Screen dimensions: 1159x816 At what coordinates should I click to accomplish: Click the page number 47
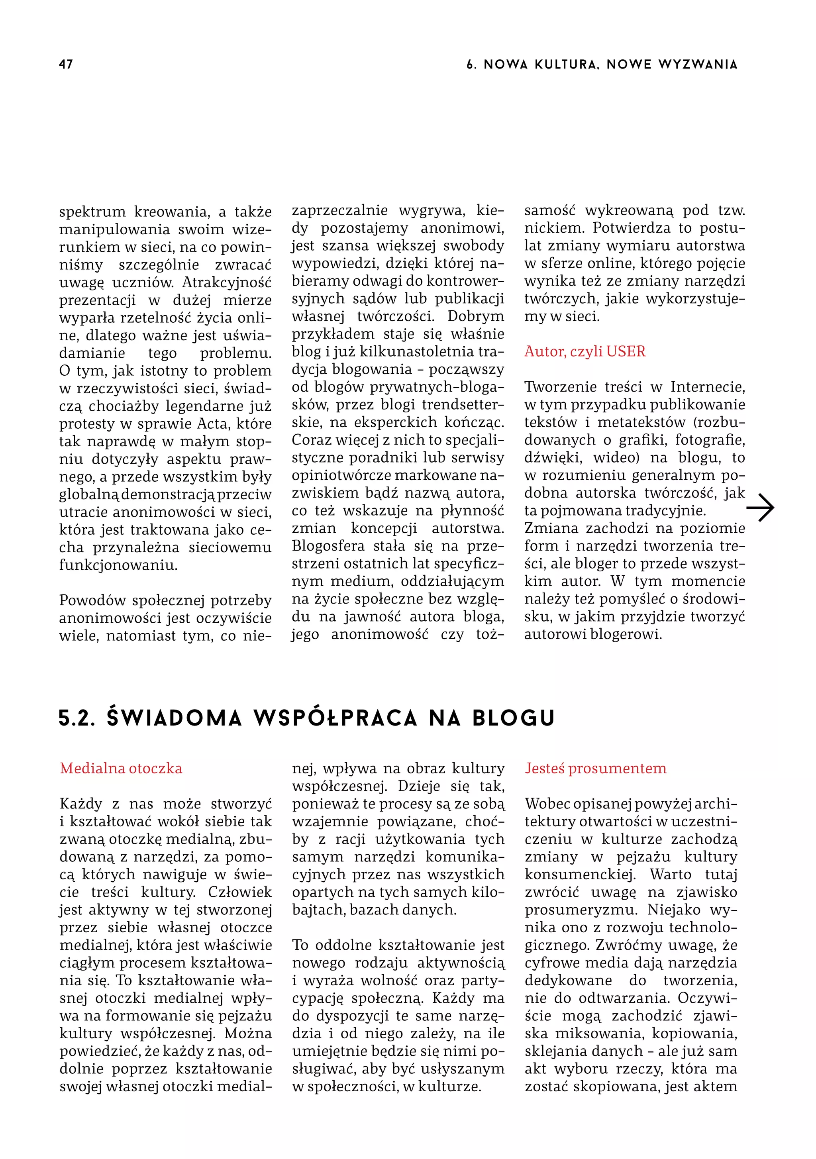[x=66, y=64]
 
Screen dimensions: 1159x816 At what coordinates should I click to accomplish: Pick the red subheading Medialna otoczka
[x=121, y=768]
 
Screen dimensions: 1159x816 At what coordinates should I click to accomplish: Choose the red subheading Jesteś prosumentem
[x=595, y=768]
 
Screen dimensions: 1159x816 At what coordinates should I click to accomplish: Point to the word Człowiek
[x=240, y=892]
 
